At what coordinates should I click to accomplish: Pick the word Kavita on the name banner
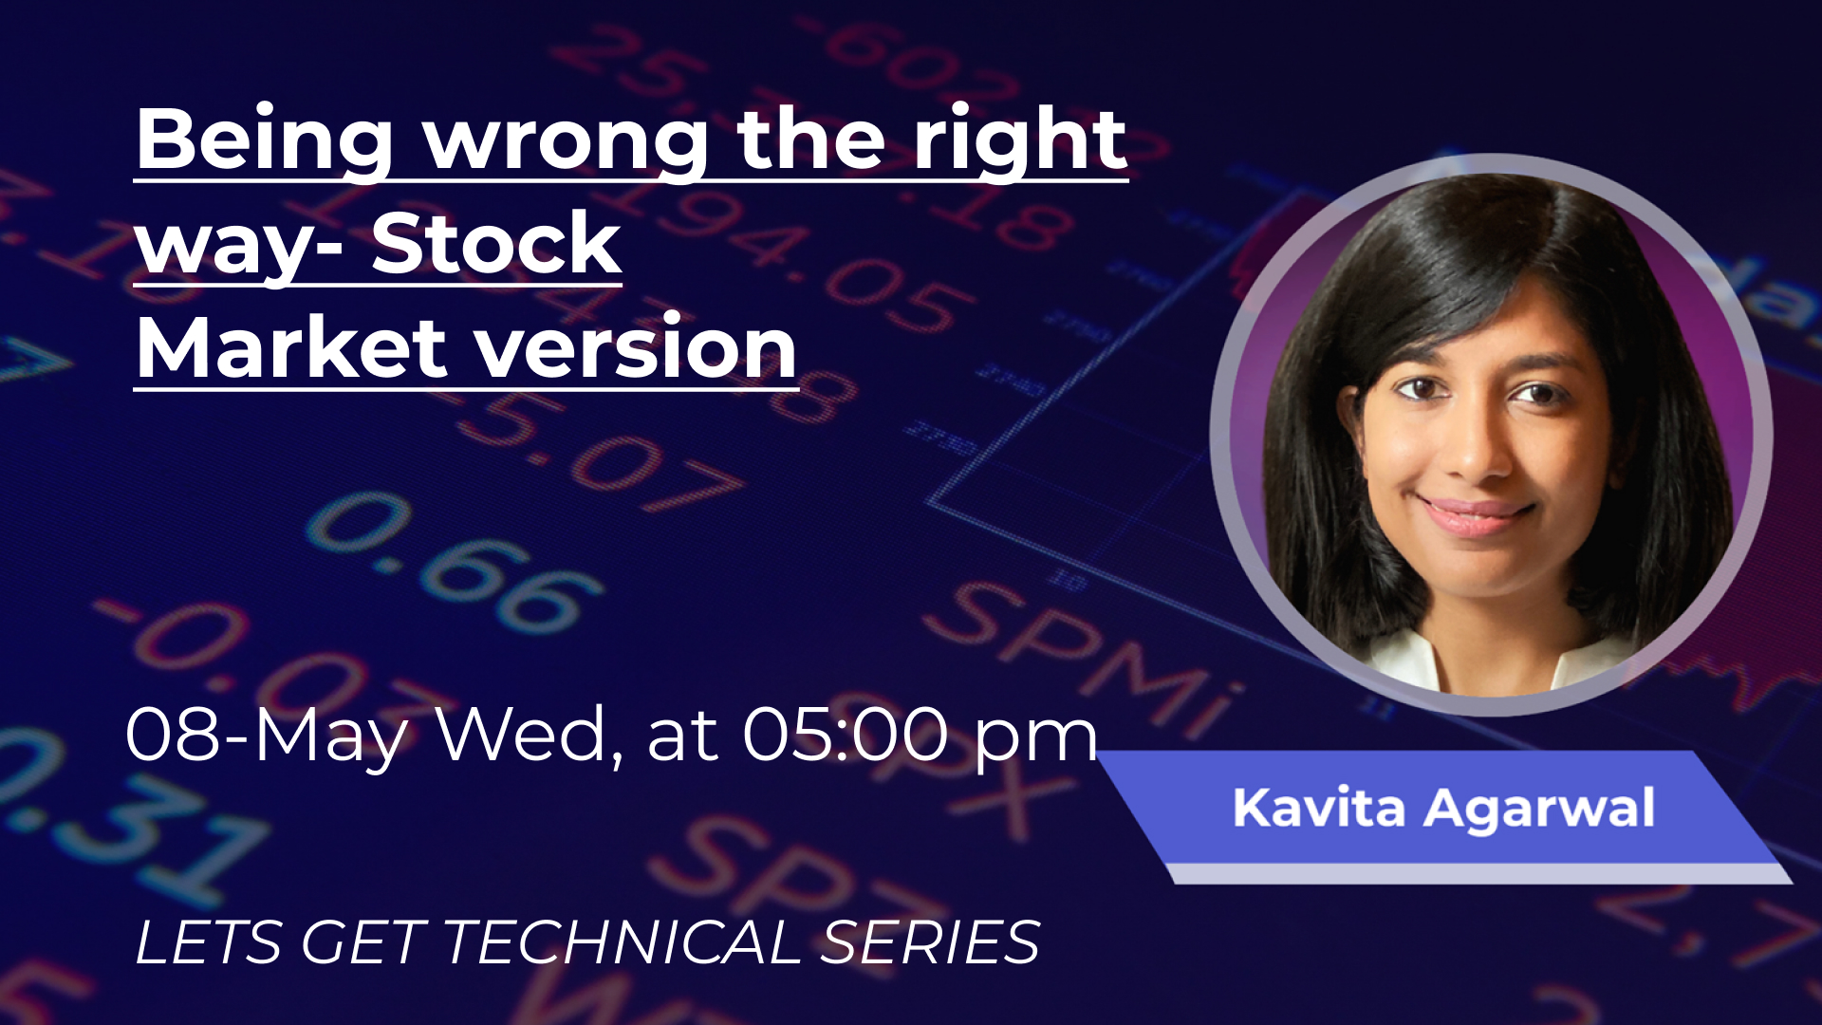tap(1318, 808)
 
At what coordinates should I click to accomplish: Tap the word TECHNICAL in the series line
tap(623, 941)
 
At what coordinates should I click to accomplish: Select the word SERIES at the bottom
tap(931, 941)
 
